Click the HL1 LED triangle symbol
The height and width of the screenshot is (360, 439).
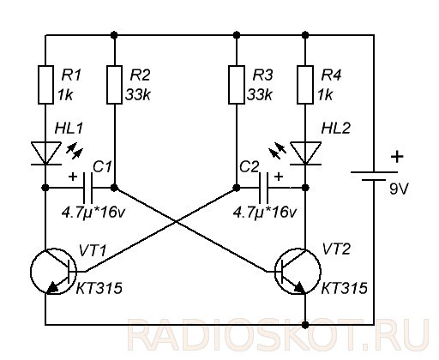[45, 153]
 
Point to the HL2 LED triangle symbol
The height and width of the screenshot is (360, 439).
[305, 153]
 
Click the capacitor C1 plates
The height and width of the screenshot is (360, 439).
[87, 188]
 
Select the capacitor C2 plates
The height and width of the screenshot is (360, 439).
[263, 188]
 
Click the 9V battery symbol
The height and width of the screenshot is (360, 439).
[374, 176]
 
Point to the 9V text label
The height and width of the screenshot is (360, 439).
[400, 189]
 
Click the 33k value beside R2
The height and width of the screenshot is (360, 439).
[138, 94]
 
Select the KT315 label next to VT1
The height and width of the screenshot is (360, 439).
[99, 288]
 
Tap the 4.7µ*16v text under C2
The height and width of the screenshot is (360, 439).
[265, 213]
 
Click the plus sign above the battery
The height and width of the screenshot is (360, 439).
[397, 157]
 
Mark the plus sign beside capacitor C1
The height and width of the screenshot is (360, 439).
[73, 177]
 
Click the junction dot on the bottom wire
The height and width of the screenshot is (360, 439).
[305, 325]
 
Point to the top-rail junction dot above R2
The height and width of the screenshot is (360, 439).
[114, 35]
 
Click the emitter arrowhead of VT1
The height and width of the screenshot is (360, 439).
[52, 288]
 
